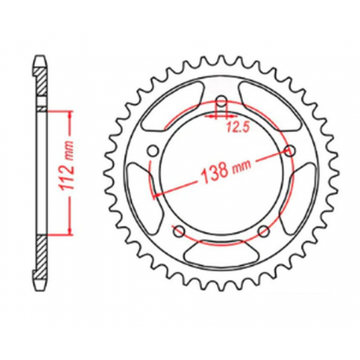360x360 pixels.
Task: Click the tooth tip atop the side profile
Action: pos(40,58)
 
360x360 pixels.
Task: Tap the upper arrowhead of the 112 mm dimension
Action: pos(72,113)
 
